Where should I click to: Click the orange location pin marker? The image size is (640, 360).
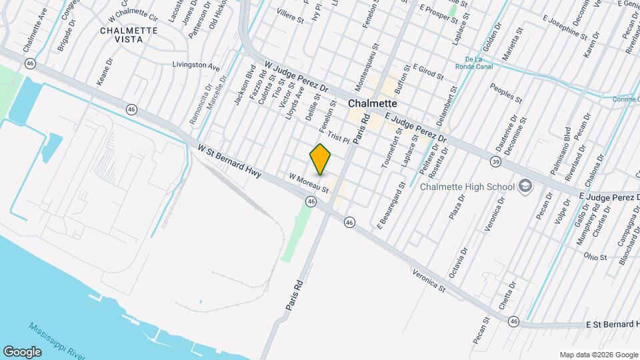coord(320,159)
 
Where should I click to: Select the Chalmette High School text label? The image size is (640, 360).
coord(467,187)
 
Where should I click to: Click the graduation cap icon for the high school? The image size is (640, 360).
coord(525,185)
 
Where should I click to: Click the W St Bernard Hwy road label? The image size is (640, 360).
coord(229,161)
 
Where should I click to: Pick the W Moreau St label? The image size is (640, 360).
coord(309,184)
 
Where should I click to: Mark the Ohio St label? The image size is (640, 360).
coord(595,257)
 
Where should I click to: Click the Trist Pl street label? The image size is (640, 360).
coord(339,138)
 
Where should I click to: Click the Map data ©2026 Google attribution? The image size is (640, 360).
coord(598,355)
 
